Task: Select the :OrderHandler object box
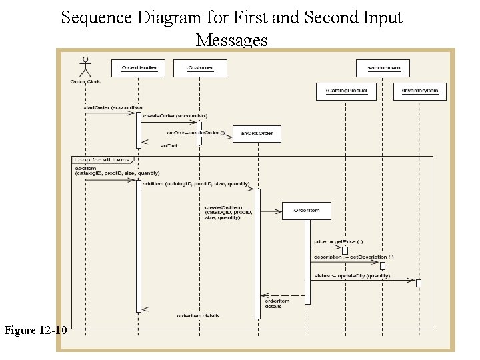pos(138,67)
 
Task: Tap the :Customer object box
pos(199,67)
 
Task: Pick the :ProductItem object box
pos(383,67)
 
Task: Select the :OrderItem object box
pos(306,211)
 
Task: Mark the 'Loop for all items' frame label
pos(103,160)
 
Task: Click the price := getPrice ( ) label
pos(339,241)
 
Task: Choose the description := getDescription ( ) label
pos(353,257)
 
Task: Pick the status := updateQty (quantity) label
pos(352,275)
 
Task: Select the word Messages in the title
pos(231,41)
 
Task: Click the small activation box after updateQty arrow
pos(419,283)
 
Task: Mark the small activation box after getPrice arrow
pos(345,250)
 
